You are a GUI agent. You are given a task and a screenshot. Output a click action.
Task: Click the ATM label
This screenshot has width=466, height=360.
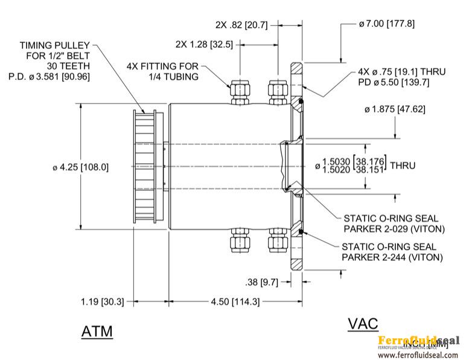[x=97, y=332]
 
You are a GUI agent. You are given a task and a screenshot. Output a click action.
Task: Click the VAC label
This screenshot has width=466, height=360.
[x=363, y=323]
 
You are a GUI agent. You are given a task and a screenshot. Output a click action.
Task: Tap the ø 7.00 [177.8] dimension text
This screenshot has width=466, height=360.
[x=386, y=24]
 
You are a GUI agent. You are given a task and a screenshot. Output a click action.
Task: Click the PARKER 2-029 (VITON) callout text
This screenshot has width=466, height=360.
[x=394, y=229]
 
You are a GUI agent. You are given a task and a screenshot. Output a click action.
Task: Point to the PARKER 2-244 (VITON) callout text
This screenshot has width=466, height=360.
[x=392, y=257]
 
